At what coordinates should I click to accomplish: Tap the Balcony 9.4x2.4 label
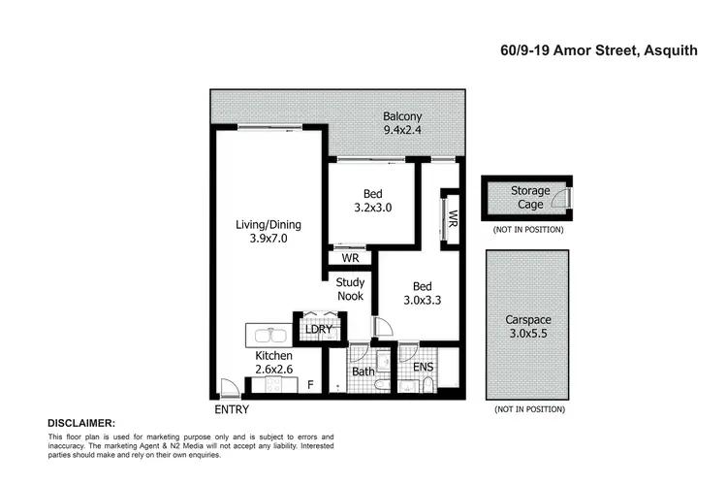tap(401, 123)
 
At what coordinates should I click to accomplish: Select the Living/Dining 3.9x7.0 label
tap(269, 231)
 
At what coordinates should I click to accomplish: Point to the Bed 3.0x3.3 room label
tap(423, 294)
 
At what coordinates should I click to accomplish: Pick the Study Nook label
tap(350, 289)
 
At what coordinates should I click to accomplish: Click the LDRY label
tap(319, 329)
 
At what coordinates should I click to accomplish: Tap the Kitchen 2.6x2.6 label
tap(275, 364)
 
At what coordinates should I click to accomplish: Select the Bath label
tap(363, 371)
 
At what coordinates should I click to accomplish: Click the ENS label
tap(424, 368)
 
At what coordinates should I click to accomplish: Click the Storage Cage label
tap(530, 198)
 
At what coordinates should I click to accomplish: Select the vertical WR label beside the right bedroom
tap(451, 217)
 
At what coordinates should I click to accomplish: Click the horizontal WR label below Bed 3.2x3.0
tap(351, 260)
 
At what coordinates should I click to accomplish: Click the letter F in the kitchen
tap(310, 385)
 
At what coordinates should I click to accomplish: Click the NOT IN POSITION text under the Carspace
tap(529, 409)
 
